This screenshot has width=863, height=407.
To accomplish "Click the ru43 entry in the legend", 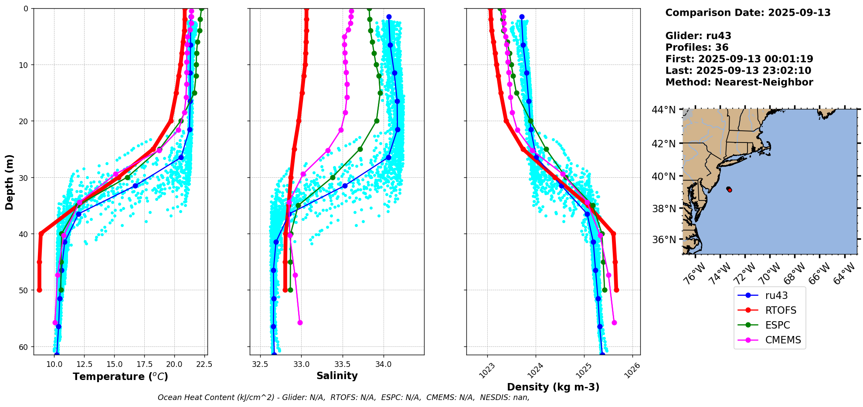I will point(776,295).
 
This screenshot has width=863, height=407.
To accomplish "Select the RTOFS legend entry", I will point(781,310).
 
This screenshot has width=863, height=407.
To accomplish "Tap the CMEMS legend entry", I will point(783,340).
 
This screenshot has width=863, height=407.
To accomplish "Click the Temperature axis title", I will point(120,376).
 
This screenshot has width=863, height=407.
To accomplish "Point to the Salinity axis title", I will point(337,376).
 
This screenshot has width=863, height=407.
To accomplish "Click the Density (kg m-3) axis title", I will point(553,387).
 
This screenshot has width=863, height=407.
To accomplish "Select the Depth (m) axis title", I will point(10,182).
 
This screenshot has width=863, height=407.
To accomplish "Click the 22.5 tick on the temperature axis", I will point(204,364).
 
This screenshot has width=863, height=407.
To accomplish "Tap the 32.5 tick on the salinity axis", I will point(260,364).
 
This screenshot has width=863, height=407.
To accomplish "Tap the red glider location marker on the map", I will point(730,190).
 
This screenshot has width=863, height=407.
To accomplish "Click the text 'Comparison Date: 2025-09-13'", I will point(748,13).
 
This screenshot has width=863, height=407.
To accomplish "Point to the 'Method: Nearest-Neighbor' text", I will point(739,82).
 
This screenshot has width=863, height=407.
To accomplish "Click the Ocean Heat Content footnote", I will point(343,397).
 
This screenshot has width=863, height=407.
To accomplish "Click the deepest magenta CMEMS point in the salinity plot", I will point(300,322).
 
